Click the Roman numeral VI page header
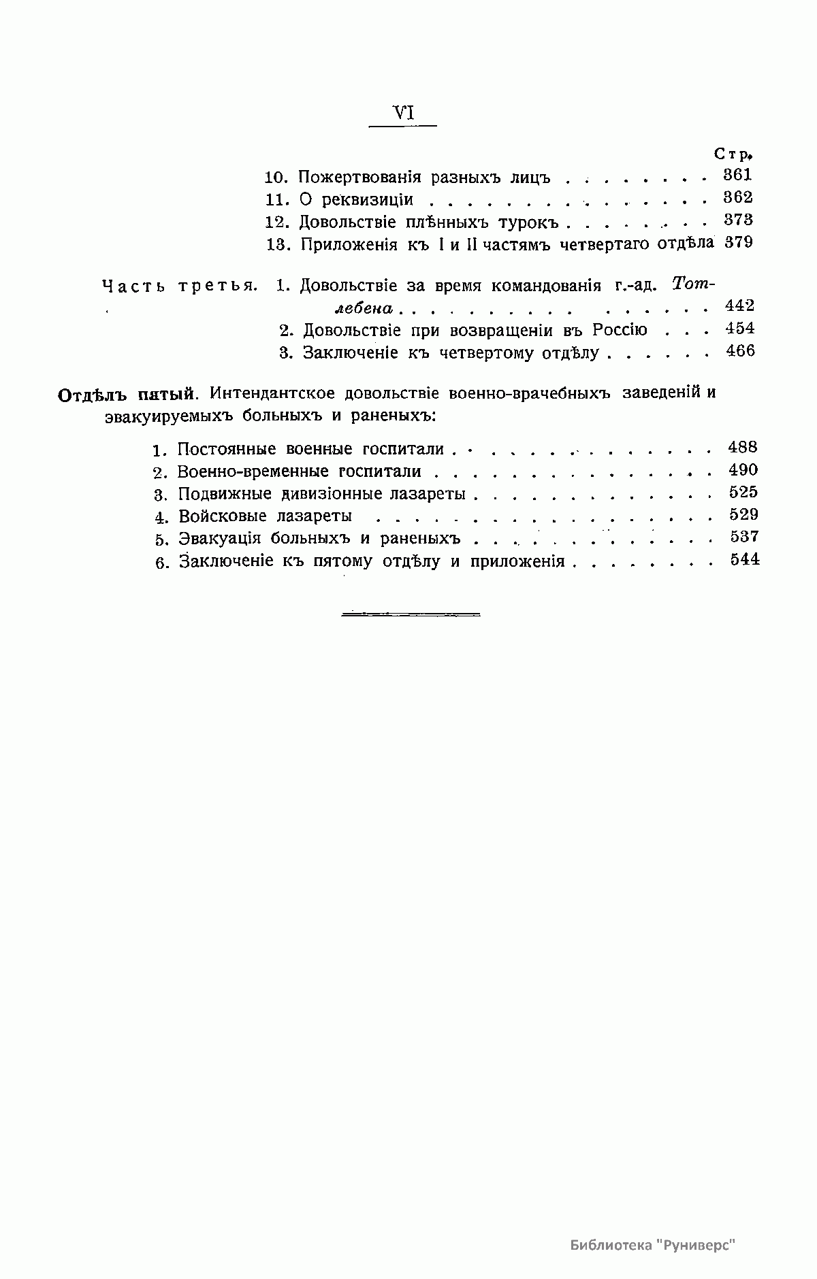404,114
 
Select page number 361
737,175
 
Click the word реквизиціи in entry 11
368,199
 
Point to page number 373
738,220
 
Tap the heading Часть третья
180,286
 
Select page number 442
739,306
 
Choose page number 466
740,352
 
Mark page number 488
742,448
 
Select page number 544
744,560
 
